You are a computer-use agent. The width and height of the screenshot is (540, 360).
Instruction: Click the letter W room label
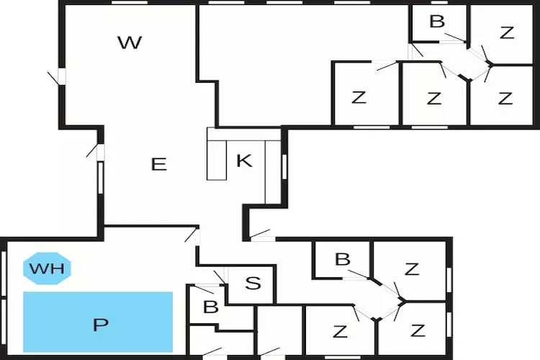[130, 42]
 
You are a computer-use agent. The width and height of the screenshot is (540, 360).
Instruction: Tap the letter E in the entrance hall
[158, 164]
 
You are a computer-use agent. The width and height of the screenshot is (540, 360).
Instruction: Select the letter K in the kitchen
[244, 161]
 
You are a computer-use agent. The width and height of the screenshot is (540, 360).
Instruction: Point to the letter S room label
[253, 283]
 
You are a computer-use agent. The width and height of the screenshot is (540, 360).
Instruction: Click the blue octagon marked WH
[47, 269]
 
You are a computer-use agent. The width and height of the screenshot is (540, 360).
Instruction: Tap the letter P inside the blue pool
[99, 324]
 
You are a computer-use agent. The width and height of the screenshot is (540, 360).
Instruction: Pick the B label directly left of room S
[210, 307]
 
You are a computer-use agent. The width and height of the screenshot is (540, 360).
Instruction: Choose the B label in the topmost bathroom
[436, 22]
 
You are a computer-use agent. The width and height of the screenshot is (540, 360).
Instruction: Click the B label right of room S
[343, 259]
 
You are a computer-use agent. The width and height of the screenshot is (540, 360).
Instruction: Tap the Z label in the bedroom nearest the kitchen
[359, 98]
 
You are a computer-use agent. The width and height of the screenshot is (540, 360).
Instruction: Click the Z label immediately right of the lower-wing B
[411, 269]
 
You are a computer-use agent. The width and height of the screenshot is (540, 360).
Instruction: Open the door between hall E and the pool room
[191, 235]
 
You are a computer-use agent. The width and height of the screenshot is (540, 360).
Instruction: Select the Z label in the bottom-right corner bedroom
[418, 331]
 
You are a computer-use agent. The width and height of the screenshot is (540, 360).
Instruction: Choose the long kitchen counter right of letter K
[271, 171]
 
